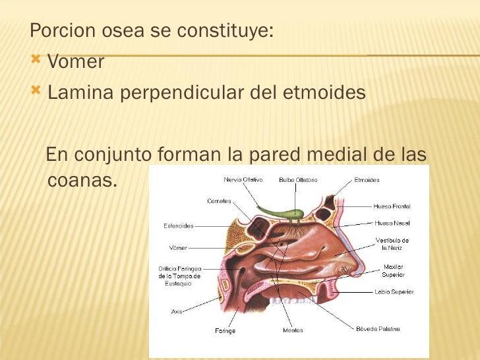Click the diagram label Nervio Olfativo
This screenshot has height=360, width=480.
coord(243,179)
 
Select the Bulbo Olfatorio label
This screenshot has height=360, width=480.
coord(298,179)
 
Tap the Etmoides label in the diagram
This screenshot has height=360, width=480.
coord(367,179)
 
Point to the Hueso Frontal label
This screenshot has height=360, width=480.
coord(392,206)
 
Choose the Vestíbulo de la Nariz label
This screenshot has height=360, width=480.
coord(392,244)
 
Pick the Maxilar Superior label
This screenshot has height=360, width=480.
coord(393,270)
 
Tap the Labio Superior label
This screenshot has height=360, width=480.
coord(393,291)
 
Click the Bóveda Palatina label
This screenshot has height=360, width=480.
coord(378,328)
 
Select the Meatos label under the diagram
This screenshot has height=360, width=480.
coord(293,330)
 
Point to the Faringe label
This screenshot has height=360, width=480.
coord(225,330)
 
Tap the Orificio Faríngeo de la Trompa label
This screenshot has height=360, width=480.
coord(179,276)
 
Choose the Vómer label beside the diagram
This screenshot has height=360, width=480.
coord(178,248)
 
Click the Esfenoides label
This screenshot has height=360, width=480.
coord(178,225)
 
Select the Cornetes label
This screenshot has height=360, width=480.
coord(219,201)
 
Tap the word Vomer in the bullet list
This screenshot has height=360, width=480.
coord(76,63)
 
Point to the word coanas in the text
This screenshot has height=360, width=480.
coord(79,179)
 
